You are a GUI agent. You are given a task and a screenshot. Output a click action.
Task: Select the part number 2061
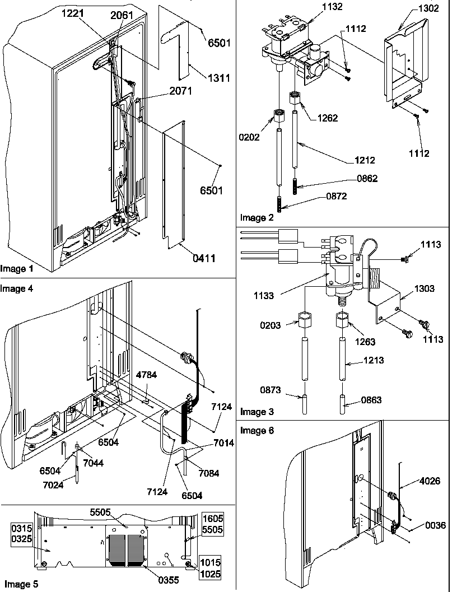coord(122,15)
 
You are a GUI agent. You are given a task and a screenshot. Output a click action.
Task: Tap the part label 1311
coord(204,78)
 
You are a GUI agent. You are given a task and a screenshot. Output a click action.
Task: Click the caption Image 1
coord(17,269)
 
